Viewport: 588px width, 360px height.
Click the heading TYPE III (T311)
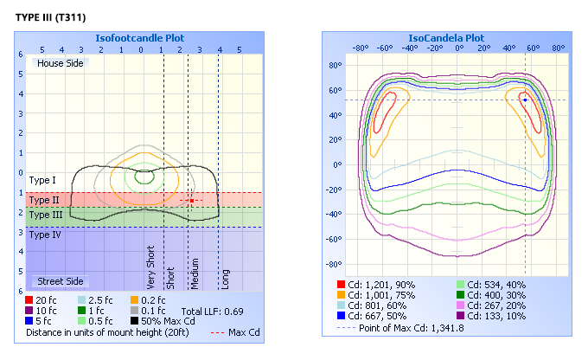[50, 17]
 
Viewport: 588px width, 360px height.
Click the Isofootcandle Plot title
[139, 38]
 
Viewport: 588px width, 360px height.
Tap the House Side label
[59, 62]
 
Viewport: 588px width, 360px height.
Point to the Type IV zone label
[46, 234]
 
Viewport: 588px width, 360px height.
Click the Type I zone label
[42, 180]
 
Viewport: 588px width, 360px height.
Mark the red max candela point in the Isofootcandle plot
[192, 200]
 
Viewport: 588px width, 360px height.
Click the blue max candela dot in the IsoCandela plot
[525, 100]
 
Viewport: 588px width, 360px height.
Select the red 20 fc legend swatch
[30, 299]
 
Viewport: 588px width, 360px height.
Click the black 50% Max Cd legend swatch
[134, 320]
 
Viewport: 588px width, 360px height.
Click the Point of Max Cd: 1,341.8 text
[412, 328]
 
